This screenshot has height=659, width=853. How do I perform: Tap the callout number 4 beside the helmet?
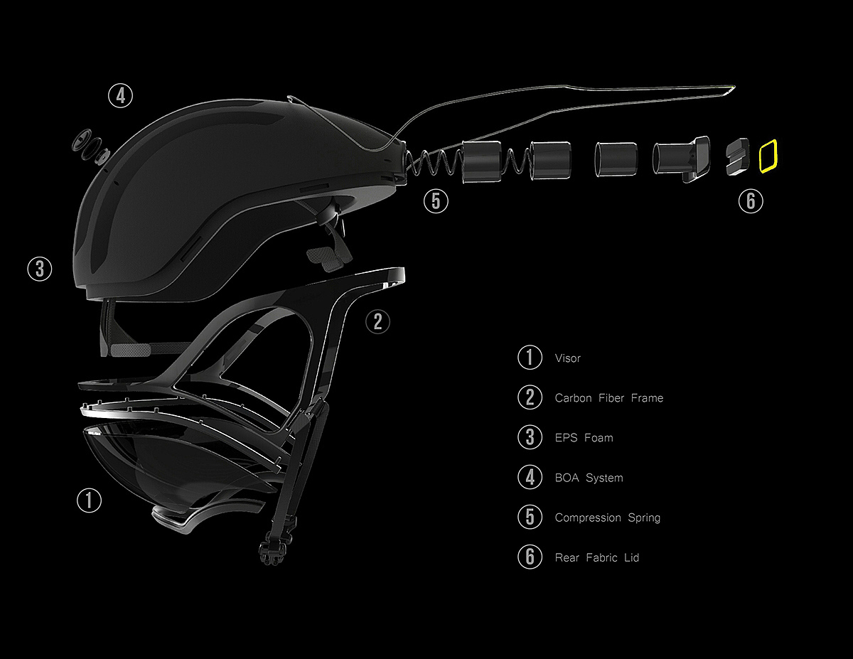pyautogui.click(x=121, y=96)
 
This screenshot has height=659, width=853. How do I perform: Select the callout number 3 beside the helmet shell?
pyautogui.click(x=40, y=269)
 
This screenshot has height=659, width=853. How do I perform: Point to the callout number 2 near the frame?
pyautogui.click(x=377, y=322)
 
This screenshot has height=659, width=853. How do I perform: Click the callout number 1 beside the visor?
pyautogui.click(x=89, y=500)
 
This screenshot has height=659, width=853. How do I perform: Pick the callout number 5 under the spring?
pyautogui.click(x=436, y=201)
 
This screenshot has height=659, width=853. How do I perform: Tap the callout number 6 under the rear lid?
pyautogui.click(x=751, y=201)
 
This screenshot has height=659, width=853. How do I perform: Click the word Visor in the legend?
pyautogui.click(x=568, y=358)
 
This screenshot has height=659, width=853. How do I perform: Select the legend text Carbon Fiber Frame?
pyautogui.click(x=609, y=398)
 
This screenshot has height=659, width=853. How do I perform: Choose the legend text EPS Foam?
pyautogui.click(x=584, y=438)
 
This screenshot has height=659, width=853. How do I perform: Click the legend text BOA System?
pyautogui.click(x=589, y=478)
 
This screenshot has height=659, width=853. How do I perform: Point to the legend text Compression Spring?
pyautogui.click(x=608, y=518)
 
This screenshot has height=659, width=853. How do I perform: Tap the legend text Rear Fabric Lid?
pyautogui.click(x=596, y=557)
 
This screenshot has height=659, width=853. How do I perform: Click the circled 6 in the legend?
pyautogui.click(x=530, y=557)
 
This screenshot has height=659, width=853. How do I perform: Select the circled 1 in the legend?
pyautogui.click(x=530, y=357)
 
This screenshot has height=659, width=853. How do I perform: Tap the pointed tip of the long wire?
pyautogui.click(x=735, y=87)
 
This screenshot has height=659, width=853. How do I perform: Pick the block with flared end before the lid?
pyautogui.click(x=681, y=159)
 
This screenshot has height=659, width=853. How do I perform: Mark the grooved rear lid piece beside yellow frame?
pyautogui.click(x=737, y=156)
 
